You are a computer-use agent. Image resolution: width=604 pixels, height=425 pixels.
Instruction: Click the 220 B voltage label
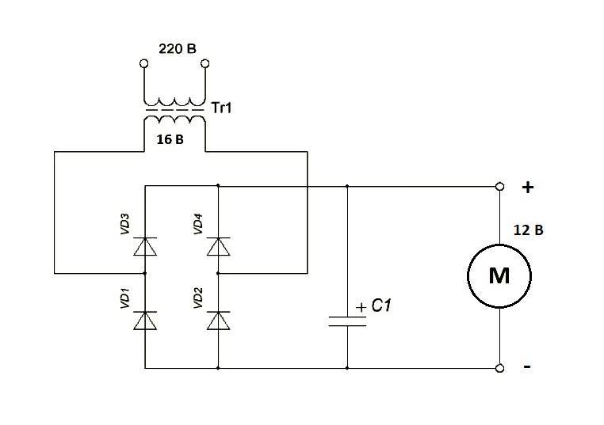click(178, 49)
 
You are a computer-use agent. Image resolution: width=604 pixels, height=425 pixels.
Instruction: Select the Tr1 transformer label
click(221, 108)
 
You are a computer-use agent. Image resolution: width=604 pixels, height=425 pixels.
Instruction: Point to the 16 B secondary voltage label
click(170, 139)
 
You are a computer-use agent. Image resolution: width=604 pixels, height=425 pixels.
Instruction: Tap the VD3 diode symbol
click(145, 247)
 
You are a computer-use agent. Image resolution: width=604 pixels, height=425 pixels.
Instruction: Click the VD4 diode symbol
click(219, 247)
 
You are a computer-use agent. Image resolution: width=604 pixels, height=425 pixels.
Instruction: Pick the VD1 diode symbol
click(145, 321)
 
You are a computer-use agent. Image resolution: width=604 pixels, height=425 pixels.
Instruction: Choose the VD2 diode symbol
click(219, 321)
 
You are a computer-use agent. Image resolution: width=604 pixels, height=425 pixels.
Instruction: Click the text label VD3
click(124, 224)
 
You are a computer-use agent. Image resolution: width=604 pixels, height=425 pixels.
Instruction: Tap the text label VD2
click(198, 298)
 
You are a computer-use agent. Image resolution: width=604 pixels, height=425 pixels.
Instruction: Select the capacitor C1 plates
click(347, 321)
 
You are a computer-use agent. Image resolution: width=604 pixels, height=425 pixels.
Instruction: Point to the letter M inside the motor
click(499, 275)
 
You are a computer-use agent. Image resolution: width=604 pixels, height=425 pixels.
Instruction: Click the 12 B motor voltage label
click(528, 230)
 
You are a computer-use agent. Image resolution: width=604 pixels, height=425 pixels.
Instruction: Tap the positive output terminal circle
click(499, 187)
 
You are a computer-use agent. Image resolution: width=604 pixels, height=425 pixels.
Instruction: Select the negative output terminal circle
click(499, 369)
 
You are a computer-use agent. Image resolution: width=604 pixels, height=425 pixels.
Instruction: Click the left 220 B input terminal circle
click(143, 63)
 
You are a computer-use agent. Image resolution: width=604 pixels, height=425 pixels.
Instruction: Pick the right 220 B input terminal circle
click(205, 63)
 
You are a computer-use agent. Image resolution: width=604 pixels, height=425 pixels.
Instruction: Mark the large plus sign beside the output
click(528, 188)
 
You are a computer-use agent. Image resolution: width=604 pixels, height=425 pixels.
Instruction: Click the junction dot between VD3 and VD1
click(145, 274)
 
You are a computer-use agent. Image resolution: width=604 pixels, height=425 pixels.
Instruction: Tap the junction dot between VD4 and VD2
click(218, 274)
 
